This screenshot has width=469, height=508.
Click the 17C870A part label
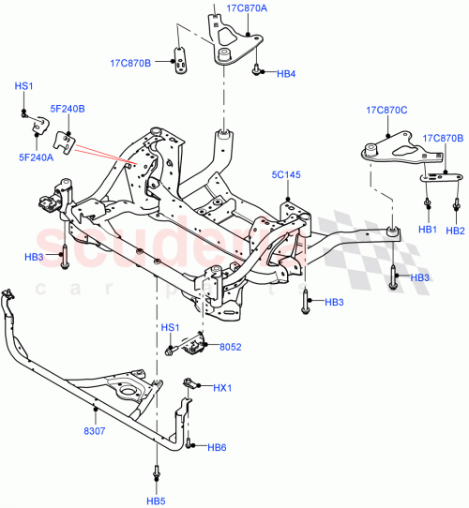(x=248, y=7)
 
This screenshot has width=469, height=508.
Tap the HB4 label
(x=286, y=73)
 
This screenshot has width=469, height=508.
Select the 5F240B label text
(x=68, y=109)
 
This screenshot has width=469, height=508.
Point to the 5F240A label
(x=36, y=157)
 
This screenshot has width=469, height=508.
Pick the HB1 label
(x=427, y=230)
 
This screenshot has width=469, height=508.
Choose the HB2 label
(x=456, y=230)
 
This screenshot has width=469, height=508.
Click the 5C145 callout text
(x=286, y=174)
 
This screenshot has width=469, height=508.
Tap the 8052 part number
(x=230, y=347)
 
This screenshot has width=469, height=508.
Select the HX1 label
(x=222, y=388)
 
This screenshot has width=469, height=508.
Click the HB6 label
(x=217, y=447)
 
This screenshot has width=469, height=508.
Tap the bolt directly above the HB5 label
(x=156, y=472)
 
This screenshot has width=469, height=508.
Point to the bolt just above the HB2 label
(x=456, y=202)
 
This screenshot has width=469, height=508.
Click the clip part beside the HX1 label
(x=190, y=383)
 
